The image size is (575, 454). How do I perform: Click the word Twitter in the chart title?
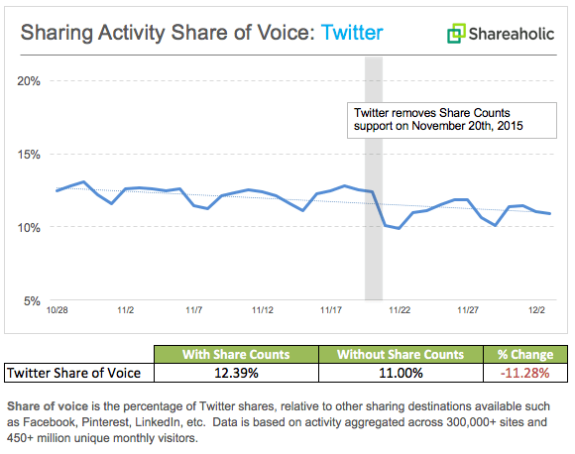click(x=352, y=32)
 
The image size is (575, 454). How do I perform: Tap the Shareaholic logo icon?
click(x=456, y=34)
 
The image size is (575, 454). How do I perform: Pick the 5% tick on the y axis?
click(x=30, y=300)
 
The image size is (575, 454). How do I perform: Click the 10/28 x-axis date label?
click(x=58, y=310)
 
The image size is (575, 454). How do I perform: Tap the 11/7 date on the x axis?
click(x=194, y=310)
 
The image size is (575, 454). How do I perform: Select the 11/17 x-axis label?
click(x=331, y=310)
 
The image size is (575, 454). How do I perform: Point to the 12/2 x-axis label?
click(x=536, y=310)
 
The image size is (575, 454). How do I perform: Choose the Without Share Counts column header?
click(x=400, y=354)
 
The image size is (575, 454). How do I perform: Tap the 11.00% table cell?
click(x=400, y=373)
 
